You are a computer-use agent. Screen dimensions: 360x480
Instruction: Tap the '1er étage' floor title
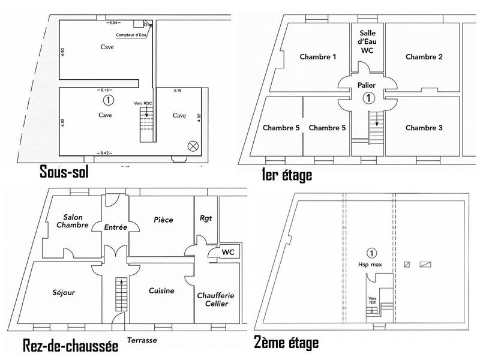[x=287, y=175]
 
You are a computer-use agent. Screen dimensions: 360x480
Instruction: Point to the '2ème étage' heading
[x=286, y=343]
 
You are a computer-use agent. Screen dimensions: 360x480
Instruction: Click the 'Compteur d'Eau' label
[x=133, y=35]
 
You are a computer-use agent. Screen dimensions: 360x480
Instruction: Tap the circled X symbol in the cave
[x=193, y=145]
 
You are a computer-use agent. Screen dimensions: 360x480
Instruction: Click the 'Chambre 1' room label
[x=317, y=57]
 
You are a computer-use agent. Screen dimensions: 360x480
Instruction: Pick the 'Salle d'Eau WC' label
[x=367, y=41]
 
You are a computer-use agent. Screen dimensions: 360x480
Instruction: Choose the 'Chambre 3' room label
[x=424, y=128]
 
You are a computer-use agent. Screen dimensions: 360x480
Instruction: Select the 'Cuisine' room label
[x=161, y=291]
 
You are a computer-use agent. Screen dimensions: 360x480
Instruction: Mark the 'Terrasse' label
[x=142, y=340]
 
